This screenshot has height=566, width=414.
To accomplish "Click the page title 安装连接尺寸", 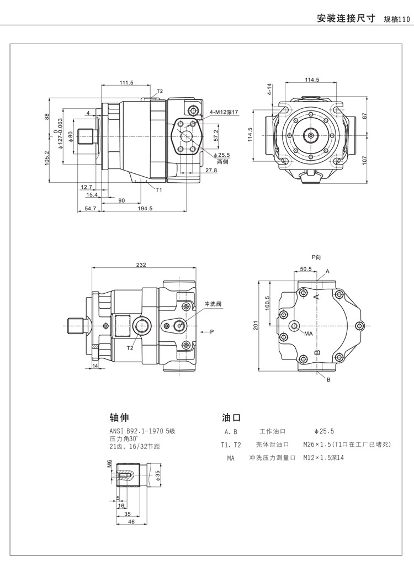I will pyautogui.click(x=346, y=18).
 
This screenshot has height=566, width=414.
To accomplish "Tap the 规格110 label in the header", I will pyautogui.click(x=396, y=19).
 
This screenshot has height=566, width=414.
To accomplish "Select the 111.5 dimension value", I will pyautogui.click(x=126, y=83).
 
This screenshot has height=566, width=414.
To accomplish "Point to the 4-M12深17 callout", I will pyautogui.click(x=224, y=112).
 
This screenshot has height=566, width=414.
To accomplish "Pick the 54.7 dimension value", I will pyautogui.click(x=91, y=208).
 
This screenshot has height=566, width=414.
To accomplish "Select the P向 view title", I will pyautogui.click(x=316, y=257).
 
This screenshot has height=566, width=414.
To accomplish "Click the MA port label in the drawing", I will pyautogui.click(x=309, y=334).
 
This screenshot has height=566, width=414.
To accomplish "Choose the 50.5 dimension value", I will pyautogui.click(x=306, y=269).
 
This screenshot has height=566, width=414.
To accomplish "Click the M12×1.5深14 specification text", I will pyautogui.click(x=323, y=458).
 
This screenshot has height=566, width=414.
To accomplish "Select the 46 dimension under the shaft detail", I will pyautogui.click(x=131, y=521).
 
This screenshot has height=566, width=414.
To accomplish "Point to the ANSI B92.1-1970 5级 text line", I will pyautogui.click(x=142, y=431).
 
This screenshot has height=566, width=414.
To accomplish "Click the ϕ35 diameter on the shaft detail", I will pyautogui.click(x=157, y=474).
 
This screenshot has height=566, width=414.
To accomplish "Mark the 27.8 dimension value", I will pyautogui.click(x=211, y=171).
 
